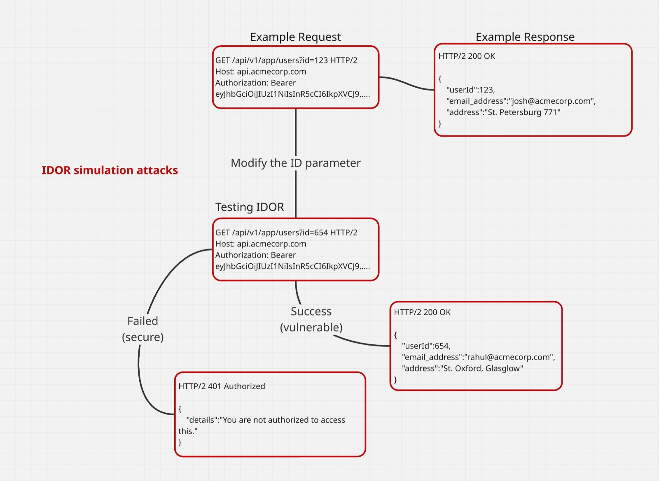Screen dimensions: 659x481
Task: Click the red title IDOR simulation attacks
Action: pos(110,170)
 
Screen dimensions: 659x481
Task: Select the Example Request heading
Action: pos(295,37)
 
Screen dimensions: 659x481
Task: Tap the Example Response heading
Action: pos(525,37)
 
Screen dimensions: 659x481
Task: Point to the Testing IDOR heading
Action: pos(250,207)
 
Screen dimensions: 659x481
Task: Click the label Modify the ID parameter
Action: pos(295,163)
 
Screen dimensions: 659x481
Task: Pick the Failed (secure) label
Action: pos(143,329)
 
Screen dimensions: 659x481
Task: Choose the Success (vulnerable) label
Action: pos(311,319)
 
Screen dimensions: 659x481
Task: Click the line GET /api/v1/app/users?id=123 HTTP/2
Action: pos(286,60)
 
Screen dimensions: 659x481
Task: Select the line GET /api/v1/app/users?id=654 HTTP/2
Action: pos(286,232)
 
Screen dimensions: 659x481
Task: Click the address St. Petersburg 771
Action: pos(522,112)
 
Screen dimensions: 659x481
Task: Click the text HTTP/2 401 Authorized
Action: pos(222,386)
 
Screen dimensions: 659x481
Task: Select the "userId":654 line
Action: pos(426,346)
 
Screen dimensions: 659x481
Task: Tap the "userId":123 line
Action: pos(471,90)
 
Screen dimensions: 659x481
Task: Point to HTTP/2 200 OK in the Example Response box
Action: pos(467,56)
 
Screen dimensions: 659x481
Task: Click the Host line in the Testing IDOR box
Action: pos(261,244)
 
